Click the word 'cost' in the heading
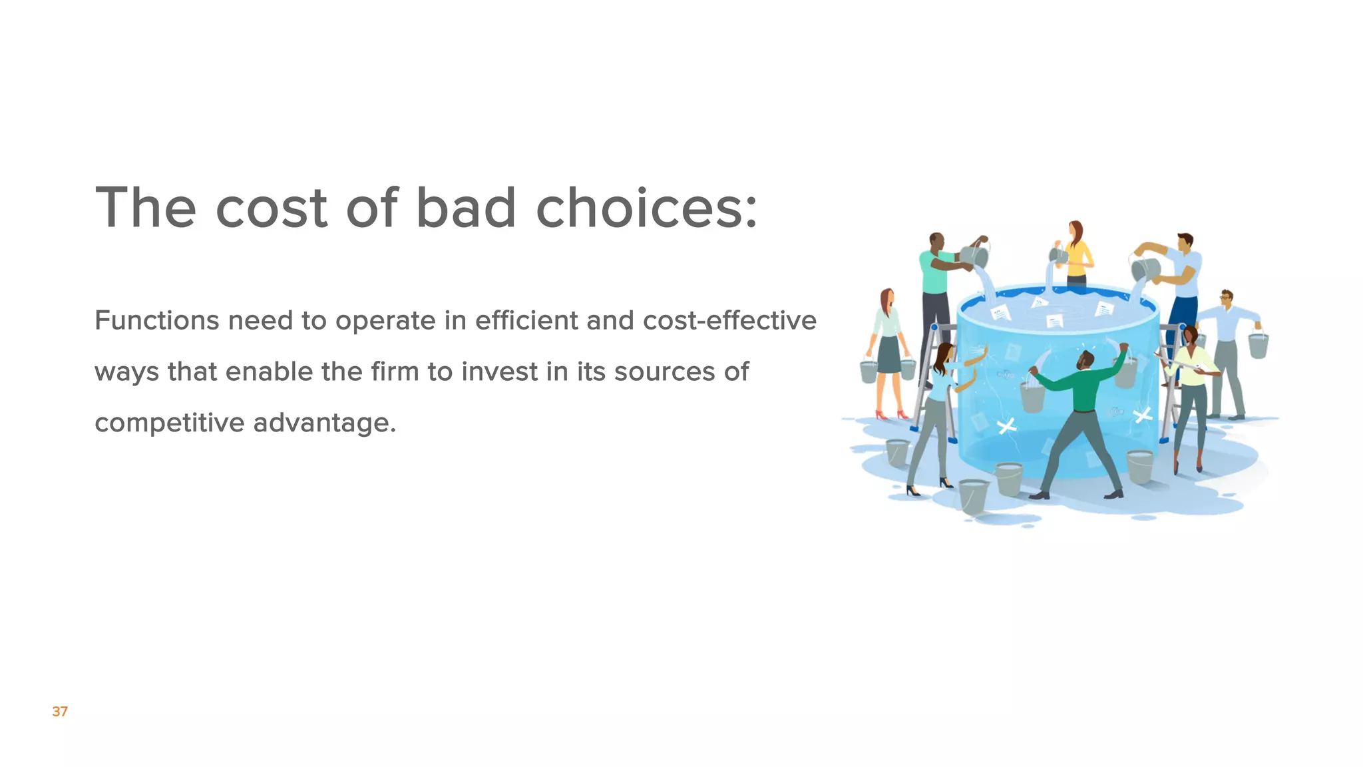tap(272, 208)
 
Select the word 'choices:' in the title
tap(646, 208)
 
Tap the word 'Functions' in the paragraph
tap(156, 320)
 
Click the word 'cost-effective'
tap(729, 320)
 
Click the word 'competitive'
tap(169, 423)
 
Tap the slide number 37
tap(60, 711)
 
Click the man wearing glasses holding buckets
tap(1227, 353)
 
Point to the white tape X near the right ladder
tap(1142, 416)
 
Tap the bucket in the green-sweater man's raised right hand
tap(1032, 397)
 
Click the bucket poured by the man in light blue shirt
tap(1146, 268)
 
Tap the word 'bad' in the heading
tap(466, 208)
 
